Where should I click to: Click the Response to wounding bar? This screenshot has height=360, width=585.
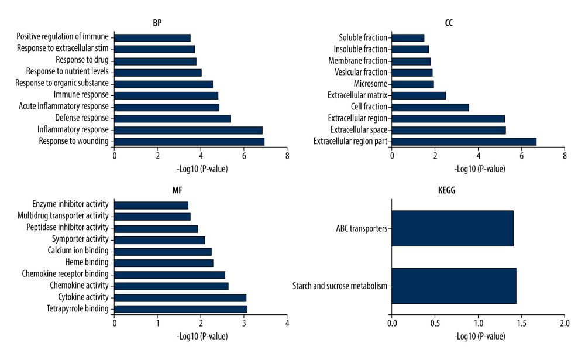pos(190,141)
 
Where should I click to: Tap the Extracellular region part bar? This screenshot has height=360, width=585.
pos(464,141)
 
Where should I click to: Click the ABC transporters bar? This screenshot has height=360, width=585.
pos(452,228)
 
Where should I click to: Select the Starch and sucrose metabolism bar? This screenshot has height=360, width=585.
pos(454,286)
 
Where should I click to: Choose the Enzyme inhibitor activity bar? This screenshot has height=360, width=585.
pos(152,205)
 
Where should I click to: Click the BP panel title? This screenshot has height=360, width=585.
pos(157,23)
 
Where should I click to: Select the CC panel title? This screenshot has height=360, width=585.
pos(448,23)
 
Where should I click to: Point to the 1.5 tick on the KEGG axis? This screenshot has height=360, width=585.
pos(521,323)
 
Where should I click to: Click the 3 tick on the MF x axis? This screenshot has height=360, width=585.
pos(244,323)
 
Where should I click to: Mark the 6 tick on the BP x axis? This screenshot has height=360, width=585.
pos(244,156)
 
